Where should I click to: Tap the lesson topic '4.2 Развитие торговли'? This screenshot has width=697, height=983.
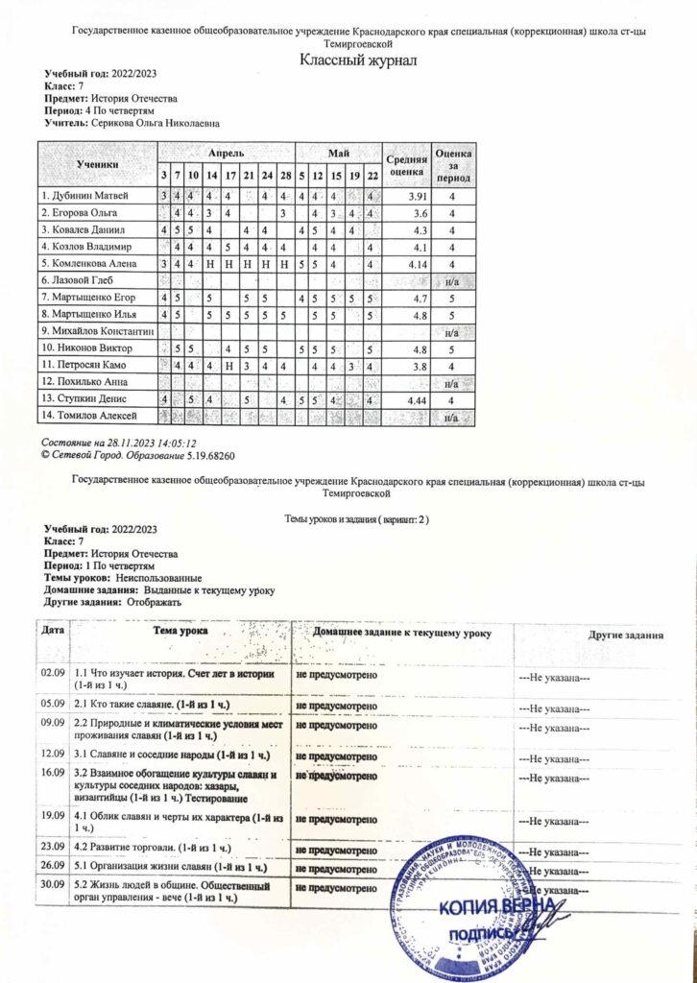coord(150,848)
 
